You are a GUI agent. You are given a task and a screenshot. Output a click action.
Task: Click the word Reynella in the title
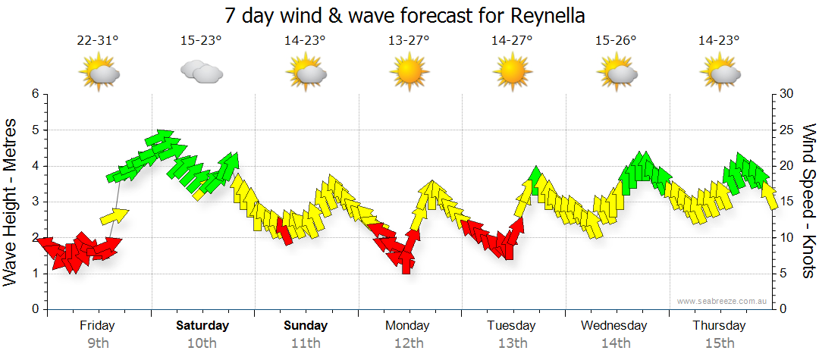(545, 17)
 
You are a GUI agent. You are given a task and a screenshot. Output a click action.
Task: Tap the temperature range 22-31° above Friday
(98, 41)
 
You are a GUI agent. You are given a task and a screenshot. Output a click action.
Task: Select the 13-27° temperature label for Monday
(409, 41)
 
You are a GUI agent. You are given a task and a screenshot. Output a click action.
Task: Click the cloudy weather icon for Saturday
(201, 72)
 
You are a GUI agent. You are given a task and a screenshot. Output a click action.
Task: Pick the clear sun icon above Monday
(408, 73)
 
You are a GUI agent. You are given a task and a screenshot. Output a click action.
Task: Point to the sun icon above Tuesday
(512, 73)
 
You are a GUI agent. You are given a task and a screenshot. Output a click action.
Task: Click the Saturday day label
(202, 326)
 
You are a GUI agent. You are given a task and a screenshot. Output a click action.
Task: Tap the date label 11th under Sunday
(306, 343)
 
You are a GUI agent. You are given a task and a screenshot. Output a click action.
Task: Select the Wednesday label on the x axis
(614, 326)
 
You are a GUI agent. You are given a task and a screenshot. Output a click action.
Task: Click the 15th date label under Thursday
(719, 343)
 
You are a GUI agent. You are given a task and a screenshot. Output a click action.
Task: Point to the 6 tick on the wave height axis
(34, 94)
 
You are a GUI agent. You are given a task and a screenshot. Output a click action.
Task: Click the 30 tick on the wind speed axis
(787, 94)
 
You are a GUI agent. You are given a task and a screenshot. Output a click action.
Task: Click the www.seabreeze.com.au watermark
(723, 301)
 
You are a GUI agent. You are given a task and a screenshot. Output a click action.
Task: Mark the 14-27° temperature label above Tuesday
(512, 41)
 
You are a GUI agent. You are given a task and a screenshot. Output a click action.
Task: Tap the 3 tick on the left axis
(34, 202)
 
